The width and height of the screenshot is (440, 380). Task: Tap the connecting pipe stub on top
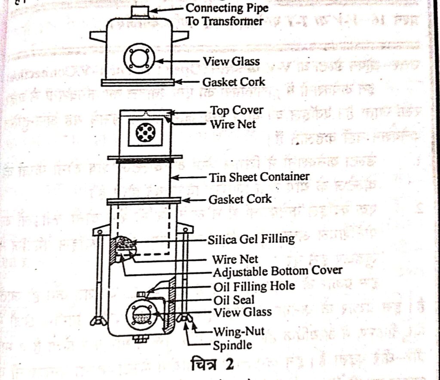pyautogui.click(x=140, y=11)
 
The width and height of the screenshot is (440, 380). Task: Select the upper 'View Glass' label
pyautogui.click(x=231, y=62)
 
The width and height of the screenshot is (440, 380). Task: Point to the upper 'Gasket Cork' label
pyautogui.click(x=234, y=82)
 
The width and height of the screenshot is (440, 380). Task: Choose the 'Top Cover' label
pyautogui.click(x=236, y=111)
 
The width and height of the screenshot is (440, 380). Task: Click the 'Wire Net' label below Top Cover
pyautogui.click(x=232, y=124)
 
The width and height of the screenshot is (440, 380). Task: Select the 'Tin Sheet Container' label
pyautogui.click(x=259, y=177)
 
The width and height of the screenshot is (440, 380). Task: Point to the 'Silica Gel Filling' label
pyautogui.click(x=251, y=239)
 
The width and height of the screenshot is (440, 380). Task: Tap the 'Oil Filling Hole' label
pyautogui.click(x=254, y=286)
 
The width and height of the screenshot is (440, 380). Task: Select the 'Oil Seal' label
pyautogui.click(x=234, y=300)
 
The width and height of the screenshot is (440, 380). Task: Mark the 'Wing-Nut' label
pyautogui.click(x=239, y=331)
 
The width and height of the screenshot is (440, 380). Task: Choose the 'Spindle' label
pyautogui.click(x=232, y=345)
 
